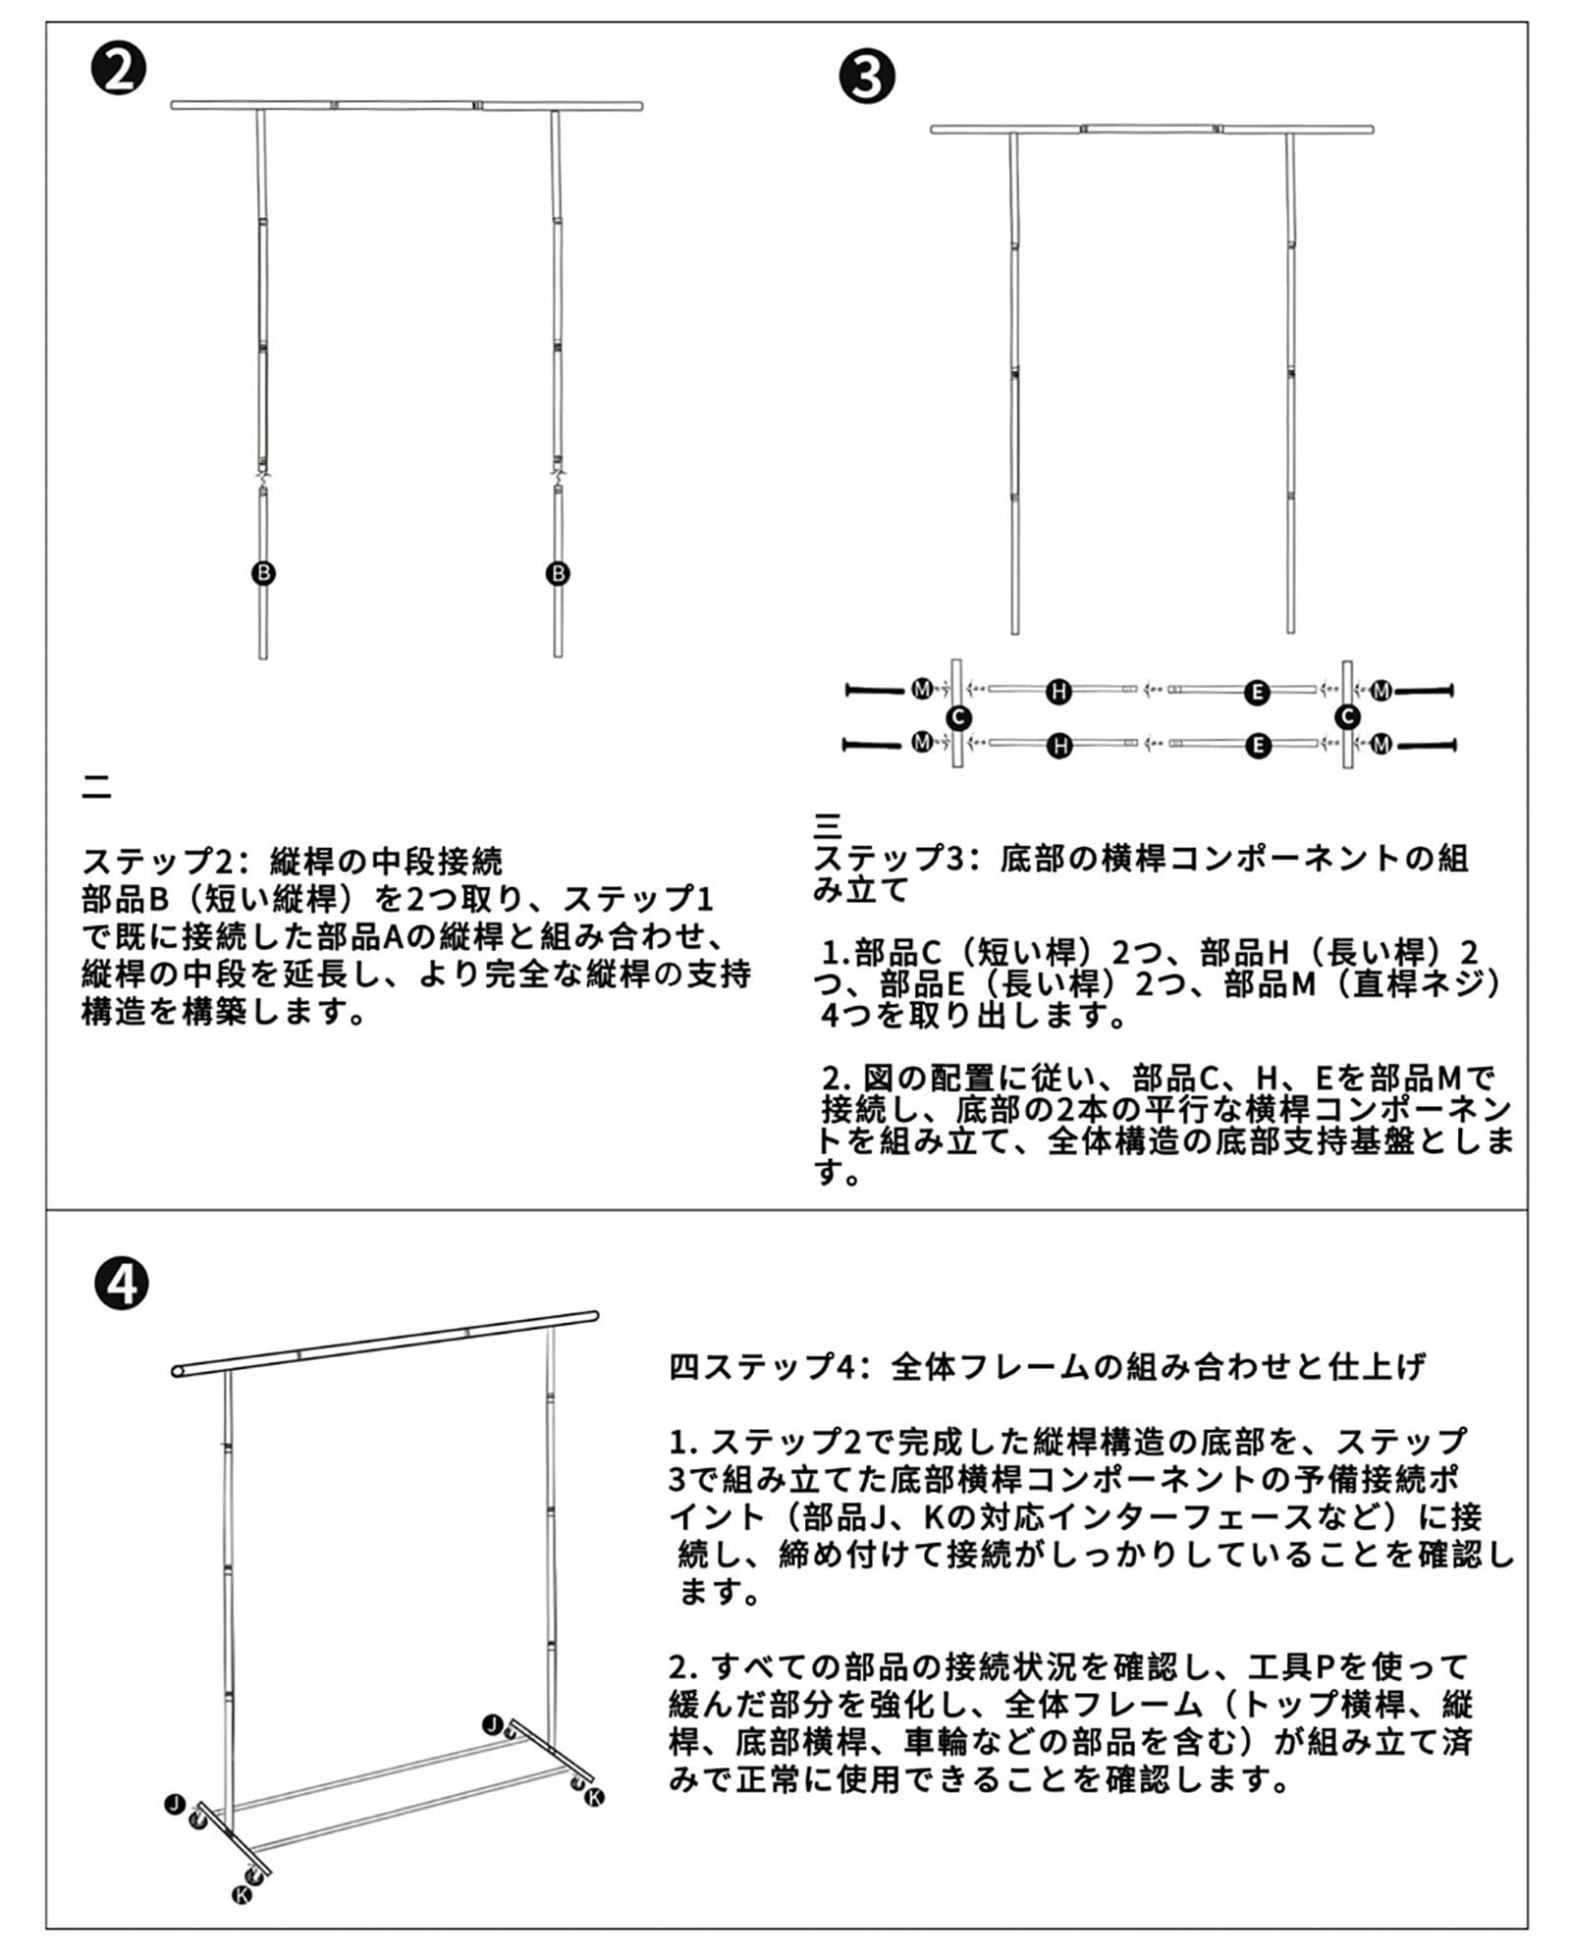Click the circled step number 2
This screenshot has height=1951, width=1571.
[x=119, y=71]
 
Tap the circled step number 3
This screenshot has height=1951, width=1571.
[x=867, y=78]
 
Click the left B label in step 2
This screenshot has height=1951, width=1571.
[x=263, y=573]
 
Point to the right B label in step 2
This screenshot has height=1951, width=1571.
[x=558, y=573]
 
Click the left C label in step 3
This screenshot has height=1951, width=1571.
[x=958, y=717]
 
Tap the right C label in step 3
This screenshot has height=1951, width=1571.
[x=1348, y=717]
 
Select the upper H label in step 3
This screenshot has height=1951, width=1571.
[x=1058, y=692]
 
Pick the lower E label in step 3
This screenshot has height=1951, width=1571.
[x=1258, y=746]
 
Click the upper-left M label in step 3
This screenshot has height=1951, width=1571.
[x=921, y=690]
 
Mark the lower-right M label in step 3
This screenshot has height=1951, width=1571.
[x=1381, y=745]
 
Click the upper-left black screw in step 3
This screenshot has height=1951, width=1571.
[x=874, y=691]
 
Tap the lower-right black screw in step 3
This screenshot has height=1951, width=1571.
[x=1427, y=745]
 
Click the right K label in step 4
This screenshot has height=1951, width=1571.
[x=595, y=1797]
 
